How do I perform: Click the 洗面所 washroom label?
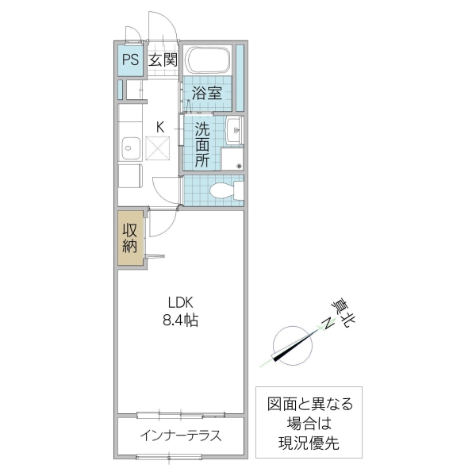tap(202, 144)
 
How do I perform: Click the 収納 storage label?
tap(130, 239)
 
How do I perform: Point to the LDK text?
tap(180, 302)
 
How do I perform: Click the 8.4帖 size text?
tap(181, 321)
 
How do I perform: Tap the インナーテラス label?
tap(181, 436)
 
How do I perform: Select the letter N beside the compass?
tap(325, 322)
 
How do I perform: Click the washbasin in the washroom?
tap(233, 131)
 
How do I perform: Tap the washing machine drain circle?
tap(237, 166)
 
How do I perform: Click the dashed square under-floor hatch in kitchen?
tap(159, 148)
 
